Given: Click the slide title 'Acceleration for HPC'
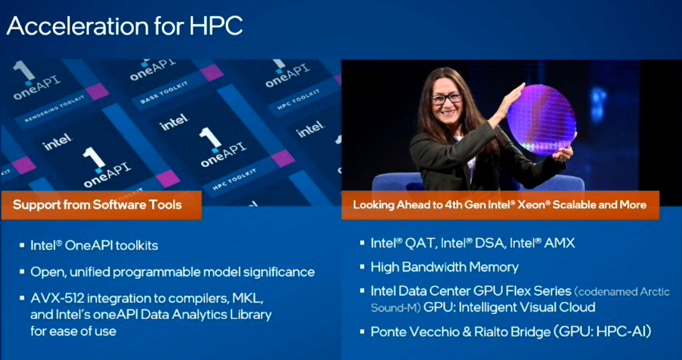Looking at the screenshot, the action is pyautogui.click(x=124, y=27).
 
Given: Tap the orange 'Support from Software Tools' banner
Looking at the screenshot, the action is pyautogui.click(x=101, y=205).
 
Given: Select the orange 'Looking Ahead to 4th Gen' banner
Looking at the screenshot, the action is pyautogui.click(x=500, y=205).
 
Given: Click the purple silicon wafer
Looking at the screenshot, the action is pyautogui.click(x=542, y=120).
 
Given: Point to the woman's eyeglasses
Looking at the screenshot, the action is pyautogui.click(x=446, y=99).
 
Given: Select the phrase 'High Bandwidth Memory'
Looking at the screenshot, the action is pyautogui.click(x=445, y=267).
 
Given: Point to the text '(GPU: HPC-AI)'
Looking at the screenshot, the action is pyautogui.click(x=603, y=333).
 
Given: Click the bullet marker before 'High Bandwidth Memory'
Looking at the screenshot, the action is pyautogui.click(x=362, y=267).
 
